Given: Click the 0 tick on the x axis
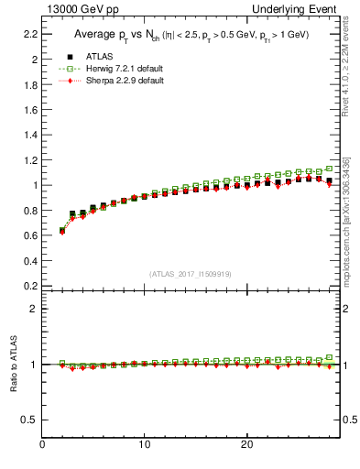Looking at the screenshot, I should (x=42, y=445).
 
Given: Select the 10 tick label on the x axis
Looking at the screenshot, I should (x=144, y=445).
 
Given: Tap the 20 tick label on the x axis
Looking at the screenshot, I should (x=246, y=445).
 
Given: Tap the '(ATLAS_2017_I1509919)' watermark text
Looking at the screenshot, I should (x=190, y=273).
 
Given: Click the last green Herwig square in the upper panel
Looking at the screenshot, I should (x=329, y=169).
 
